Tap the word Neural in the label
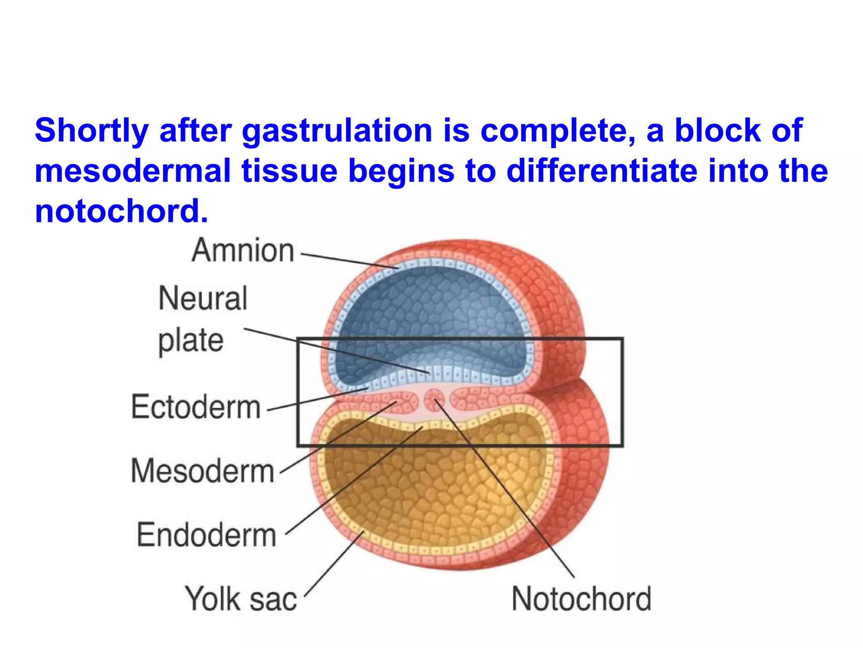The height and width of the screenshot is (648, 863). click(x=203, y=298)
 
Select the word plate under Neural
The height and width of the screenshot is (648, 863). click(x=190, y=341)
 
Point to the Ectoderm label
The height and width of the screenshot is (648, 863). click(x=196, y=407)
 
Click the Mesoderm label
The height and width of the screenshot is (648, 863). click(x=203, y=471)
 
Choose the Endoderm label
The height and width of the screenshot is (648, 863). click(x=206, y=535)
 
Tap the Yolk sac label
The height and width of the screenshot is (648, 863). click(x=241, y=599)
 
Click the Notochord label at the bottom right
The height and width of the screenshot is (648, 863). click(x=582, y=599)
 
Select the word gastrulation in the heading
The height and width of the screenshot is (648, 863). click(x=337, y=131)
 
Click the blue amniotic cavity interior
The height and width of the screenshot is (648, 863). click(x=430, y=312)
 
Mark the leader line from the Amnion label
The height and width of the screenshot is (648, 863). click(x=350, y=262)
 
